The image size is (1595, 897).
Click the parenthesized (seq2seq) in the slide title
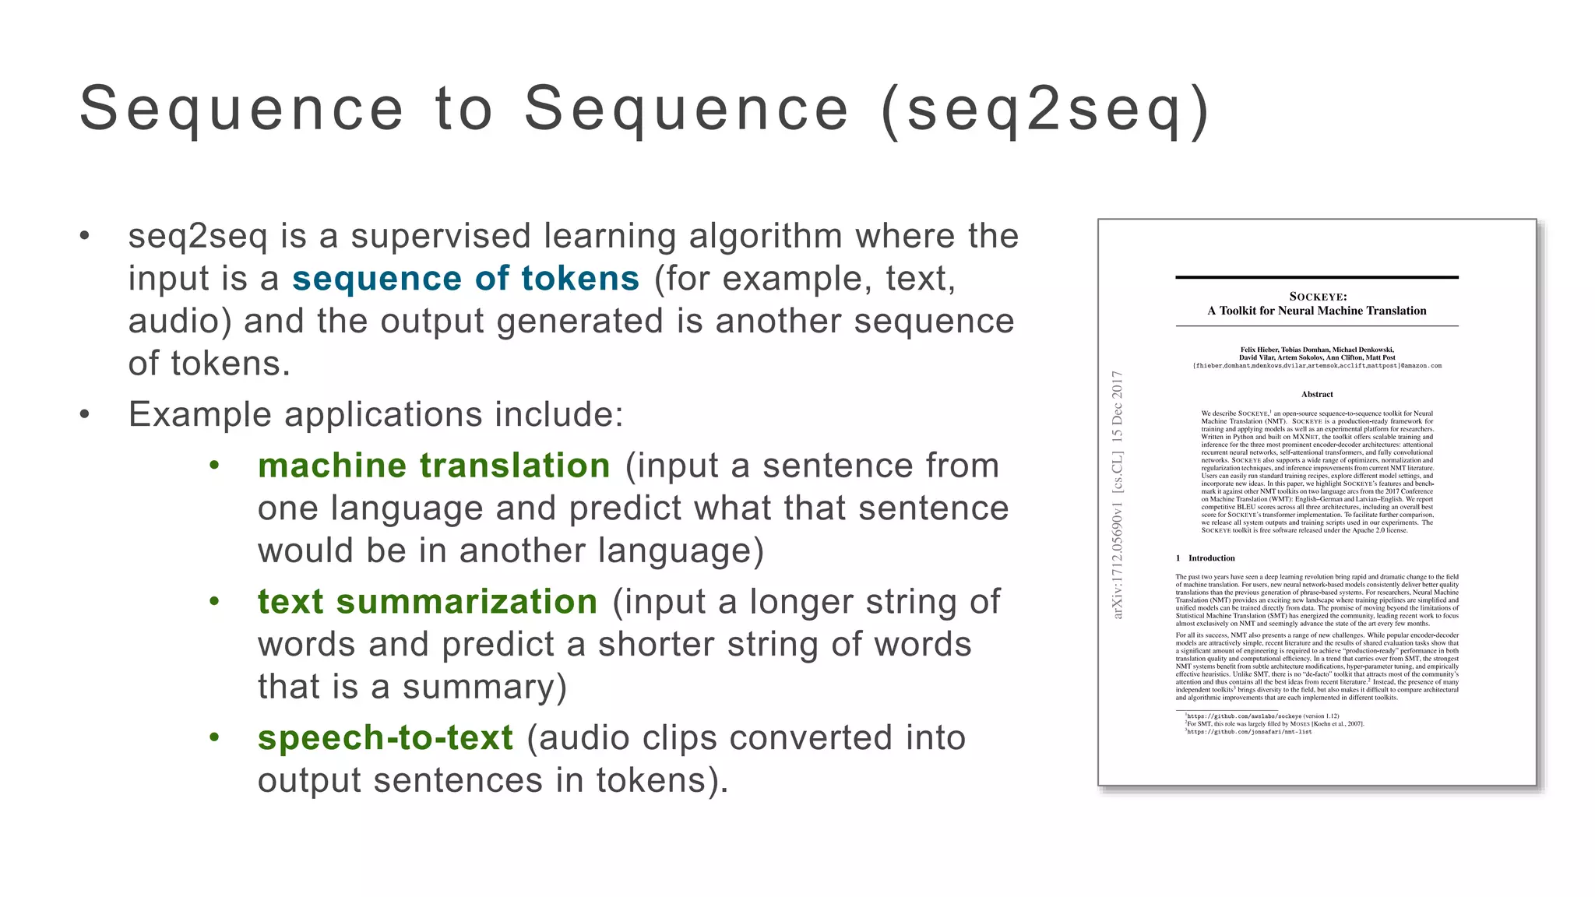(1045, 110)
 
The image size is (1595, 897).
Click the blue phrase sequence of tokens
(466, 279)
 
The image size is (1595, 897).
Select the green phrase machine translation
(434, 466)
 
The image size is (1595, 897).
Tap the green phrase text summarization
(428, 602)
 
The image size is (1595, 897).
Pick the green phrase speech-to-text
(386, 738)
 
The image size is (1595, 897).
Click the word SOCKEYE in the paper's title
(1318, 297)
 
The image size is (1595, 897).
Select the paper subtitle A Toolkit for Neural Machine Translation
(1317, 311)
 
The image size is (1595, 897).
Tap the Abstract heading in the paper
(1317, 394)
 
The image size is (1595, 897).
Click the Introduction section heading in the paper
(1211, 558)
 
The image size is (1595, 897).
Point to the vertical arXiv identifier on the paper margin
(1118, 495)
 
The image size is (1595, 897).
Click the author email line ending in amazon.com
(1317, 366)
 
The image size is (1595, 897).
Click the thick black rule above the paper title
(1317, 277)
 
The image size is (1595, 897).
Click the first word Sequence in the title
(242, 110)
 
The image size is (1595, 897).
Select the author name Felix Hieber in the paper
(1259, 350)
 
